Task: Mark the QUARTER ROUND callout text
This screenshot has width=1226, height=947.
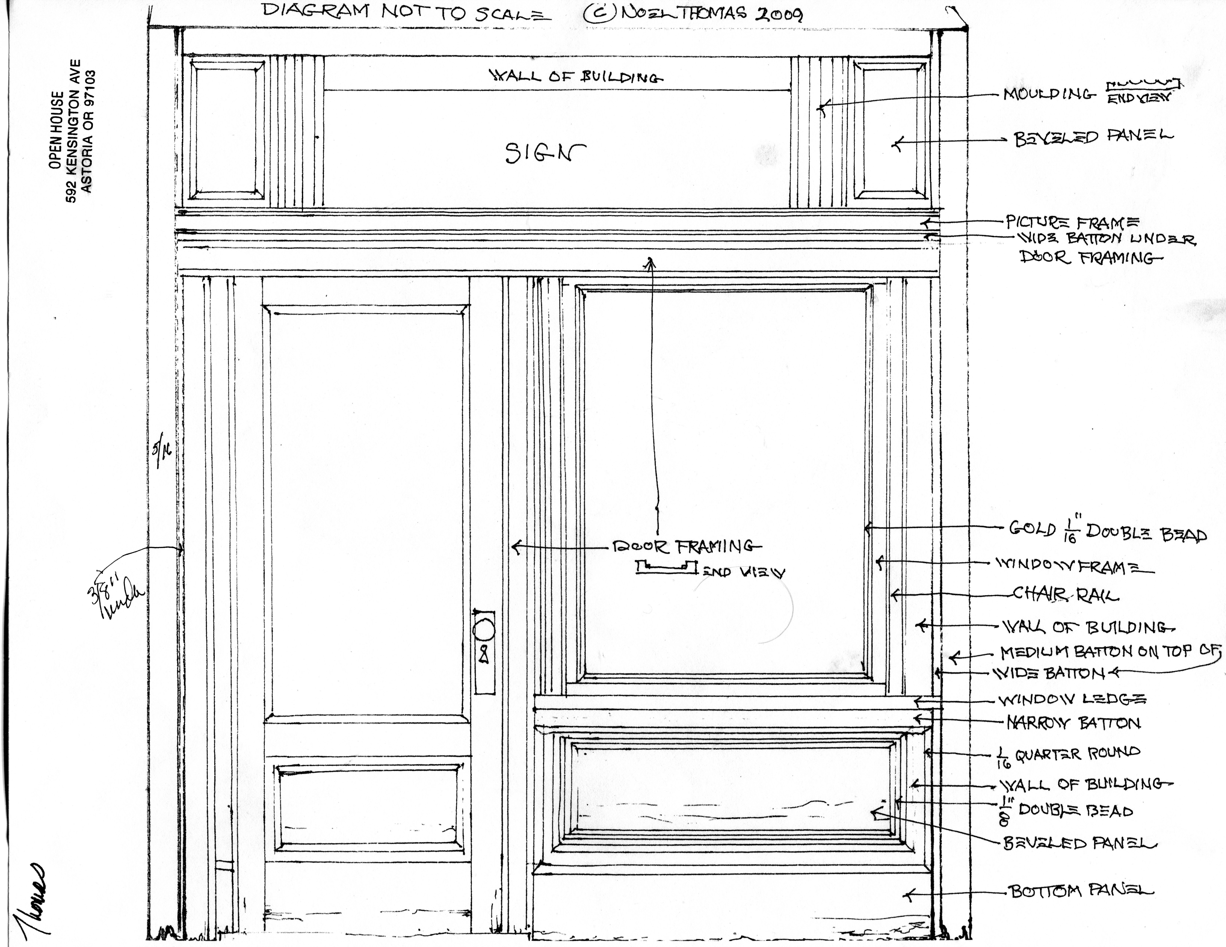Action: [x=1077, y=753]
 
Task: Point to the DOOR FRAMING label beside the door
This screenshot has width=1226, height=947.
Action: [x=686, y=546]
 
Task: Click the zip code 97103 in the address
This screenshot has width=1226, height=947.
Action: [x=87, y=90]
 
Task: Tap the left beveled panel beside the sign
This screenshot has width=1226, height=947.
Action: [x=227, y=130]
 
